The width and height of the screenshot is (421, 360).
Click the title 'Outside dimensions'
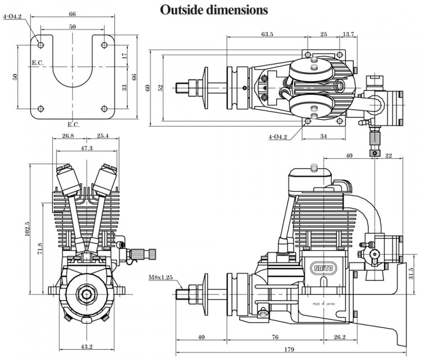click(x=214, y=10)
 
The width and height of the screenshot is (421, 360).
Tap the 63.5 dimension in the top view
click(x=267, y=34)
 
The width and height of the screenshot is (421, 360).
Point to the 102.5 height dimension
click(x=27, y=229)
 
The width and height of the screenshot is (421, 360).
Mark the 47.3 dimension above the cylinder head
click(x=86, y=149)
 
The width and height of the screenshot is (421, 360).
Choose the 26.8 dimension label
click(x=68, y=136)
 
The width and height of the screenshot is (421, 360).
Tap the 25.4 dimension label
click(x=102, y=136)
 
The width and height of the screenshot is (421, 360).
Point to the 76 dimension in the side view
click(x=275, y=337)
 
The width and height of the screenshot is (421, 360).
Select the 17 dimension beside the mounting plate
click(x=125, y=56)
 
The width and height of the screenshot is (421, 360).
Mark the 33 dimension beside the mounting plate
click(x=125, y=87)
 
